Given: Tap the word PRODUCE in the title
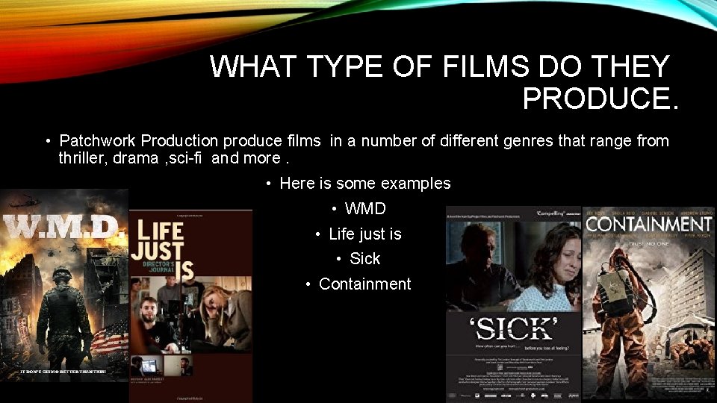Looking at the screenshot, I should (x=600, y=99).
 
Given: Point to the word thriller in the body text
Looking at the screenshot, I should (x=83, y=157).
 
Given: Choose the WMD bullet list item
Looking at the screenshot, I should (x=365, y=208).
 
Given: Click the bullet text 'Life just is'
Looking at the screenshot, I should (x=364, y=234).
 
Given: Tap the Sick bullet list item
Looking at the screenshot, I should (x=365, y=258).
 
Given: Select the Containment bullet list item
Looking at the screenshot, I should (x=364, y=284).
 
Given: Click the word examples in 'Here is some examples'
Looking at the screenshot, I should (x=415, y=183).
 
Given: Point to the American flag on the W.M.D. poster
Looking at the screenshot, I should (x=108, y=340).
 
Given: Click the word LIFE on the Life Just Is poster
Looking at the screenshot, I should (x=159, y=231).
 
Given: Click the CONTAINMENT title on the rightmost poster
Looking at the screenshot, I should (x=648, y=224).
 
